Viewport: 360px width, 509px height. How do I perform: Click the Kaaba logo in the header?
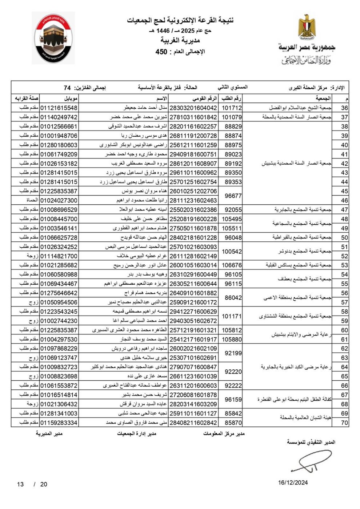coord(53,38)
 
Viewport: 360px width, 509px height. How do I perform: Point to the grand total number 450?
coord(161,52)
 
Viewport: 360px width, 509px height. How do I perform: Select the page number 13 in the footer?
coord(20,484)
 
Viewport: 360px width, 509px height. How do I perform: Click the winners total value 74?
coord(67,88)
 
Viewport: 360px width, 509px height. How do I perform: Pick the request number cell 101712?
coord(232,108)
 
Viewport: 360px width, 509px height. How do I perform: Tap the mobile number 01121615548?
coord(59,108)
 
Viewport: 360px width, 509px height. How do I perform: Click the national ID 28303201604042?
coord(193,108)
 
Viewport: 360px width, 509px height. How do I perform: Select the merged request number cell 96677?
coord(233,196)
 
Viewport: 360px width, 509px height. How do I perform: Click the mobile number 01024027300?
coord(59,200)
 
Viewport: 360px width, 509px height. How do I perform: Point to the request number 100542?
coord(232,251)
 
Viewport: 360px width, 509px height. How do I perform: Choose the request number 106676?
coord(232,265)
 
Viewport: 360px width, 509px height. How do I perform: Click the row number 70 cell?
coord(344,422)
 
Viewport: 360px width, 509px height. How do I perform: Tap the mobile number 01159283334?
coord(59,422)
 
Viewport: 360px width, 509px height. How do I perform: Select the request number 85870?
coord(233,422)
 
